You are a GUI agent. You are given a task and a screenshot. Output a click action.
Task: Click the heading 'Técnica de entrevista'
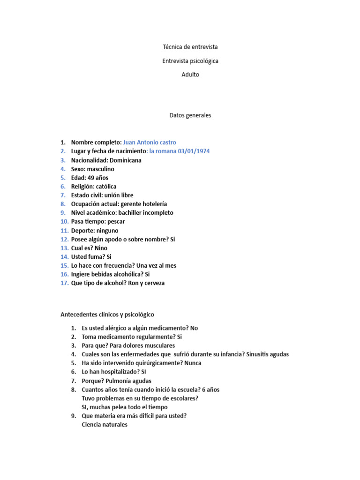190,47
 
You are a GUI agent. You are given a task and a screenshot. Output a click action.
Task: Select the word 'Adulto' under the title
190,74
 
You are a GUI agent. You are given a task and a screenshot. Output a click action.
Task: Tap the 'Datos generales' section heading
190,115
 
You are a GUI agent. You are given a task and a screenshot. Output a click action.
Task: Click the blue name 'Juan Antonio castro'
150,142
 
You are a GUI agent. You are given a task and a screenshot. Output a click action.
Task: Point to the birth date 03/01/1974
191,151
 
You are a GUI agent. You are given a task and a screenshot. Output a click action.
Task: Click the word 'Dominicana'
126,160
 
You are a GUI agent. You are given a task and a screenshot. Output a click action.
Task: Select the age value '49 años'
98,178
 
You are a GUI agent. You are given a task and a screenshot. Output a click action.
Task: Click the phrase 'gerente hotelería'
143,204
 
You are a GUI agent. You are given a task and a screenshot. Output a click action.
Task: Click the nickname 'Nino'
101,248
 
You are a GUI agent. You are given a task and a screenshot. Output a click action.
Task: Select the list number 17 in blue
64,283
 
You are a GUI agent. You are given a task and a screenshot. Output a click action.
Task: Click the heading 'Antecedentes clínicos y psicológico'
107,315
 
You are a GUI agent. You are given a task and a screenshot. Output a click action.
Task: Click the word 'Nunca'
193,363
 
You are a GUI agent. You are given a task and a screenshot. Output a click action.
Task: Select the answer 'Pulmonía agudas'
130,381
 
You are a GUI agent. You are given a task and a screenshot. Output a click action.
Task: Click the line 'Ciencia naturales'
104,425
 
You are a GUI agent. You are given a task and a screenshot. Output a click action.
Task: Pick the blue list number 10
64,221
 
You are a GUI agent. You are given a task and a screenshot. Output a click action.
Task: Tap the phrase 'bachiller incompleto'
145,213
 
